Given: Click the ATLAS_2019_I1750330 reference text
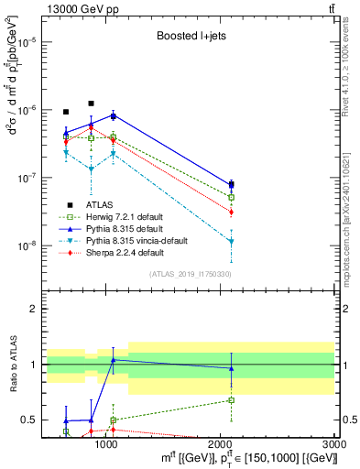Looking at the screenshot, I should (x=189, y=274).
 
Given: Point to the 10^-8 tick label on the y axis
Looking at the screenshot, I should (x=23, y=245).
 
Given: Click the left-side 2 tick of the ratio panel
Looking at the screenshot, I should (x=32, y=309).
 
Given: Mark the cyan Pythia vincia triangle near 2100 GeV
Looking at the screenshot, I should (x=232, y=241).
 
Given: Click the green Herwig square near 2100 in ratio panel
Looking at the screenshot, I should (x=232, y=400).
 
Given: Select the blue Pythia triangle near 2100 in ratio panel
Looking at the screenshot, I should (x=232, y=368).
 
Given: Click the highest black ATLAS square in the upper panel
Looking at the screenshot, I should (x=91, y=104).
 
